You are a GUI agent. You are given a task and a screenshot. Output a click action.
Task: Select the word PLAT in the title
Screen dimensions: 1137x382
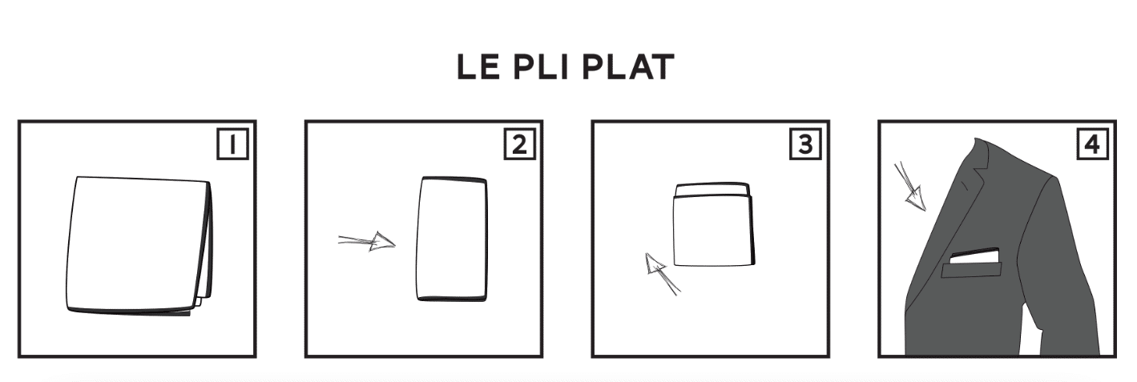pos(628,67)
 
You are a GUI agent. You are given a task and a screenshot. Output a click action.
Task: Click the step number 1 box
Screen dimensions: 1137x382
pos(232,145)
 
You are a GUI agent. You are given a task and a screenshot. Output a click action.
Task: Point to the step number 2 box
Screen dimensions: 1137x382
pos(519,145)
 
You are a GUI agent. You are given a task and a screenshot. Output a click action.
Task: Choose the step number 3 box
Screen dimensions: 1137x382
pos(805,145)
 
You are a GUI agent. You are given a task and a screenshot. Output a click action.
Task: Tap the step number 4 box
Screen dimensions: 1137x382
pos(1092,145)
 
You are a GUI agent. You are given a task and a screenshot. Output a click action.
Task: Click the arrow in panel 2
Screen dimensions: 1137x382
pos(366,242)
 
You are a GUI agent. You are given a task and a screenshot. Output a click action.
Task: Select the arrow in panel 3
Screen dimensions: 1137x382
pos(662,274)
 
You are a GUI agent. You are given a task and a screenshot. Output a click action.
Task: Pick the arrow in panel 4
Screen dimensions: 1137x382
pos(910,186)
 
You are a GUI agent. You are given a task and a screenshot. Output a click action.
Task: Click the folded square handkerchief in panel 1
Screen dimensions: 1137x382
pos(139,246)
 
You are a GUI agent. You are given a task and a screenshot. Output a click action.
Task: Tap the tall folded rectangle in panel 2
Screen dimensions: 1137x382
pos(451,239)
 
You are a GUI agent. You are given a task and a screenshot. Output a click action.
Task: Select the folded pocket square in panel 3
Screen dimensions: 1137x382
pos(714,224)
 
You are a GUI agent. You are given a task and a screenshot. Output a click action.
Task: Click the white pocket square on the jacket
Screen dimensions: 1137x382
pos(974,256)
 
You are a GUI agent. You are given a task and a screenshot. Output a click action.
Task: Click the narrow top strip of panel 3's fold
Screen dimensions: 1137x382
pos(712,189)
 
